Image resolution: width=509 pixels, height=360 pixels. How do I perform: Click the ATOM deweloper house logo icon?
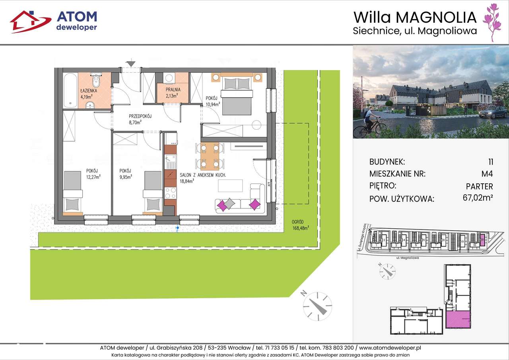[x=30, y=21]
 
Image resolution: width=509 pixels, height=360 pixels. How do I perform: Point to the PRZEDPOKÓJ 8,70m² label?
[x=140, y=120]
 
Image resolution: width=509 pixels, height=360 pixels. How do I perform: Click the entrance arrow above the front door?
[x=131, y=63]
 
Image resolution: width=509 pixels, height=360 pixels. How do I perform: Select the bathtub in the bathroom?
[x=70, y=90]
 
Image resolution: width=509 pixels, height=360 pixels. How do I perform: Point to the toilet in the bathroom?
[x=95, y=81]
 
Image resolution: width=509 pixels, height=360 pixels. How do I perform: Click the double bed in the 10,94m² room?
[x=237, y=94]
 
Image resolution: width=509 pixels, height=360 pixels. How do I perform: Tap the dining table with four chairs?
[x=210, y=156]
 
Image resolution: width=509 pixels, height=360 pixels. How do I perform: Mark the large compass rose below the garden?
[x=317, y=306]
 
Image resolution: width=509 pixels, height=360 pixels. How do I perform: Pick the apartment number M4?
[x=487, y=174]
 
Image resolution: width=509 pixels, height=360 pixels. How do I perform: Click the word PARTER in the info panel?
[x=479, y=186]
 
